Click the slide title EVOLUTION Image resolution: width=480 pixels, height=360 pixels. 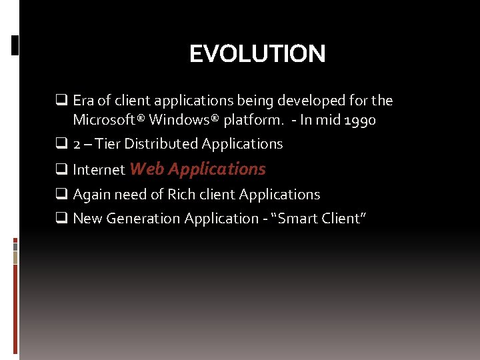[257, 54]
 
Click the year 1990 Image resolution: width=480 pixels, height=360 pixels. [360, 120]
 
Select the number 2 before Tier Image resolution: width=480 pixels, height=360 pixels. [77, 144]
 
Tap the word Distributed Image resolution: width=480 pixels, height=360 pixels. [161, 144]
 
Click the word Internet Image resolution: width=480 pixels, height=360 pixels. [99, 170]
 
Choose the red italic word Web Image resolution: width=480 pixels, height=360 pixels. [147, 169]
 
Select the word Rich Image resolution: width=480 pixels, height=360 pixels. [182, 195]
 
